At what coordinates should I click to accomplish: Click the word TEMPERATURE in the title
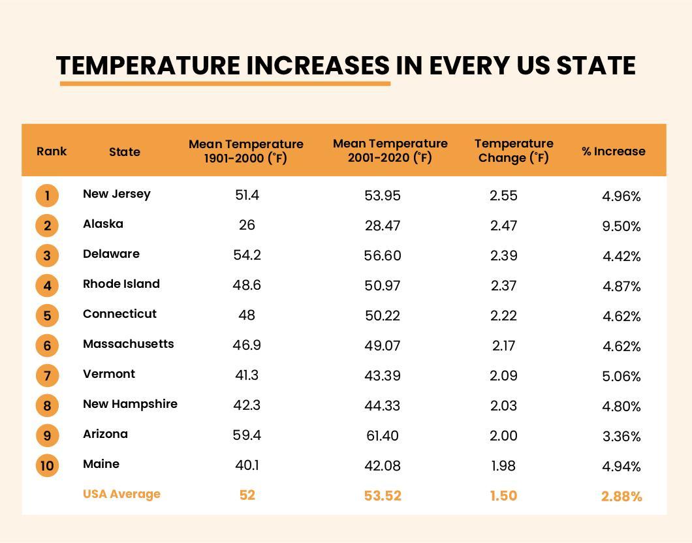pyautogui.click(x=148, y=66)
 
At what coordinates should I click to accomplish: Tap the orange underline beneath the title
pyautogui.click(x=225, y=84)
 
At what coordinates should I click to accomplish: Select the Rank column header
pyautogui.click(x=52, y=151)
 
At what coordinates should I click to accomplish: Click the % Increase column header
pyautogui.click(x=613, y=151)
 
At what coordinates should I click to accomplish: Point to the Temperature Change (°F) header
pyautogui.click(x=514, y=151)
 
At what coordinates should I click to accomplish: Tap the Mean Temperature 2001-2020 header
pyautogui.click(x=390, y=151)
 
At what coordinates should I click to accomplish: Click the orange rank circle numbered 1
pyautogui.click(x=47, y=195)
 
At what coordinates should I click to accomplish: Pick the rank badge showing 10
pyautogui.click(x=47, y=465)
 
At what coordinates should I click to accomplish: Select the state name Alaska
pyautogui.click(x=102, y=224)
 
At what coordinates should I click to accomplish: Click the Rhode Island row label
pyautogui.click(x=121, y=284)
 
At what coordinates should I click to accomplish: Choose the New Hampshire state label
pyautogui.click(x=130, y=404)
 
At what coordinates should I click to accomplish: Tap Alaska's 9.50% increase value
pyautogui.click(x=621, y=226)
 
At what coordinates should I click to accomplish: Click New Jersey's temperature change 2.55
pyautogui.click(x=503, y=196)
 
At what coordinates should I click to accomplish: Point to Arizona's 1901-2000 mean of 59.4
pyautogui.click(x=247, y=435)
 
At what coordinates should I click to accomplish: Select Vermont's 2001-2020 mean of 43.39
pyautogui.click(x=382, y=376)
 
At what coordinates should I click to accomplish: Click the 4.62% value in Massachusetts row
pyautogui.click(x=621, y=347)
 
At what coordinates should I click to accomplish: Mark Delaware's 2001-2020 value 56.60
pyautogui.click(x=382, y=256)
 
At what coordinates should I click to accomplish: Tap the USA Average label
pyautogui.click(x=121, y=494)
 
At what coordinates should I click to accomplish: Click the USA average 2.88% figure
pyautogui.click(x=621, y=497)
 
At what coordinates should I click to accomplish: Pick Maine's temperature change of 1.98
pyautogui.click(x=503, y=466)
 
